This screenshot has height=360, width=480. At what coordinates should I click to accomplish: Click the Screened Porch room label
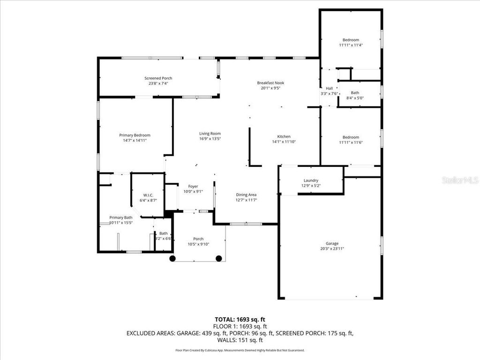tap(158, 78)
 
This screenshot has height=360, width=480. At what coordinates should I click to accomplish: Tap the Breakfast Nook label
tap(270, 82)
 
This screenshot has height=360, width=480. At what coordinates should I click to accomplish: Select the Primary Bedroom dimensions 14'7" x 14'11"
tap(135, 140)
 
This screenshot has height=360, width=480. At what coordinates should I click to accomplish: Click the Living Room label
tap(210, 133)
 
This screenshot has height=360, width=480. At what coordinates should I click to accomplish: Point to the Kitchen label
tap(284, 136)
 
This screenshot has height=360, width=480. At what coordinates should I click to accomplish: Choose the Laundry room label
tap(311, 180)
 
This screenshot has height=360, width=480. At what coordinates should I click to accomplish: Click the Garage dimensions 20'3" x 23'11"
tap(332, 249)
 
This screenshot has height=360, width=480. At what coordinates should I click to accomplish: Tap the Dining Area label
tap(246, 195)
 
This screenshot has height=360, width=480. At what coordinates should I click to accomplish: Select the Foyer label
tap(193, 186)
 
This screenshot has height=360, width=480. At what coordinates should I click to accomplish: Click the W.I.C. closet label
tap(148, 195)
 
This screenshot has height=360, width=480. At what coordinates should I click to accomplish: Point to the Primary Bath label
tap(120, 217)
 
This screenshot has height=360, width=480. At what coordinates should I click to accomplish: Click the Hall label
tap(329, 88)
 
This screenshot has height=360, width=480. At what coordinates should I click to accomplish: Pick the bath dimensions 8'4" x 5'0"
tap(355, 98)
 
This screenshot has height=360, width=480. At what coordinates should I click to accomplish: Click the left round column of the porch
tap(172, 258)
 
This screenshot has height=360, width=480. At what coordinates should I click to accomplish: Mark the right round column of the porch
tap(218, 258)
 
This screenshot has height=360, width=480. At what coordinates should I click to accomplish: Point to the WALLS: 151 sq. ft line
tap(240, 340)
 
